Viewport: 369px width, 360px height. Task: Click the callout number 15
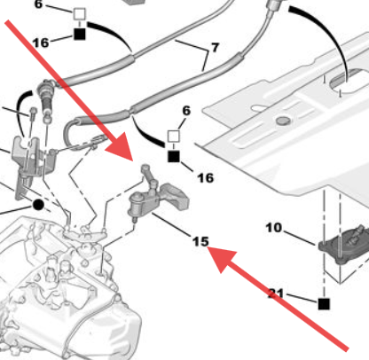point(200,241)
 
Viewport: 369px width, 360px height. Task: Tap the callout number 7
point(215,47)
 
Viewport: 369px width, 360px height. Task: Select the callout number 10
point(273,228)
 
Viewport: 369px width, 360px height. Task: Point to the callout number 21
point(276,293)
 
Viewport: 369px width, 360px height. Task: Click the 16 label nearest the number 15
point(206,178)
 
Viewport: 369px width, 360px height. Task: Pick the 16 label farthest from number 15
point(41,43)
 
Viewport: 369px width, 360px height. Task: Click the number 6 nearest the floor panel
point(186,111)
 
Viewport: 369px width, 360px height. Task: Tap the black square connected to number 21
point(324,304)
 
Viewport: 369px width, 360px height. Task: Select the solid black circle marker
point(38,205)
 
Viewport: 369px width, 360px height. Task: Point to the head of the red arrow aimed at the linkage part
point(122,148)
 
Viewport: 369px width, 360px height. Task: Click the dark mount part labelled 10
point(344,242)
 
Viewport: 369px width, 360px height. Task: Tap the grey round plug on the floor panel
point(283,121)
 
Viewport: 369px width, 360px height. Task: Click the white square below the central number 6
point(174,137)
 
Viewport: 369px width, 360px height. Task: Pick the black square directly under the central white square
point(174,157)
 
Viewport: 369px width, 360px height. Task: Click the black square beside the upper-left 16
point(79,34)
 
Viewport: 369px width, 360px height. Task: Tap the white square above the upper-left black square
point(79,14)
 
